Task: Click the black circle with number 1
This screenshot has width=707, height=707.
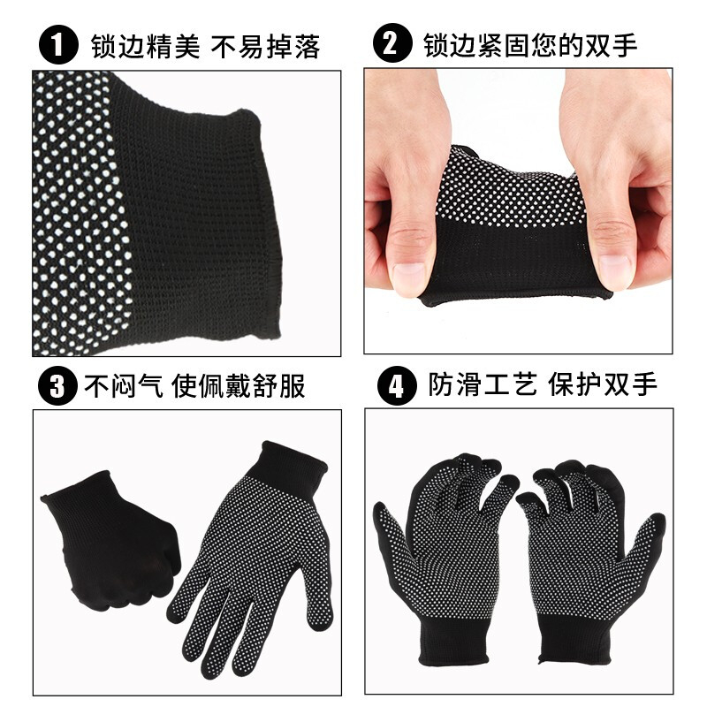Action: (58, 45)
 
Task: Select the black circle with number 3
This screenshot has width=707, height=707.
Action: (57, 386)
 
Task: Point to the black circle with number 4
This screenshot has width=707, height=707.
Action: (396, 386)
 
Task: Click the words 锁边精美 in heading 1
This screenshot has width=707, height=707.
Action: (145, 46)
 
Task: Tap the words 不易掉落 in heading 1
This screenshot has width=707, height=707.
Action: (266, 46)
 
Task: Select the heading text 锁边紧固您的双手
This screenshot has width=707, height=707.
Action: (530, 45)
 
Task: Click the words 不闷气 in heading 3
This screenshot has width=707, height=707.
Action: (123, 386)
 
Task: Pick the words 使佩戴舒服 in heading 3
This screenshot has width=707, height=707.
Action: (239, 386)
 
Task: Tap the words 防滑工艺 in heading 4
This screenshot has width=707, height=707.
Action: (483, 384)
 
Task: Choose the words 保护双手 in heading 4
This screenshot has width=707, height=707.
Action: (603, 384)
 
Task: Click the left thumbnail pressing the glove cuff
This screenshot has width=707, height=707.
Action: (408, 275)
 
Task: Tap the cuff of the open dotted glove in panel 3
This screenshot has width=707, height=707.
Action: (286, 470)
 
